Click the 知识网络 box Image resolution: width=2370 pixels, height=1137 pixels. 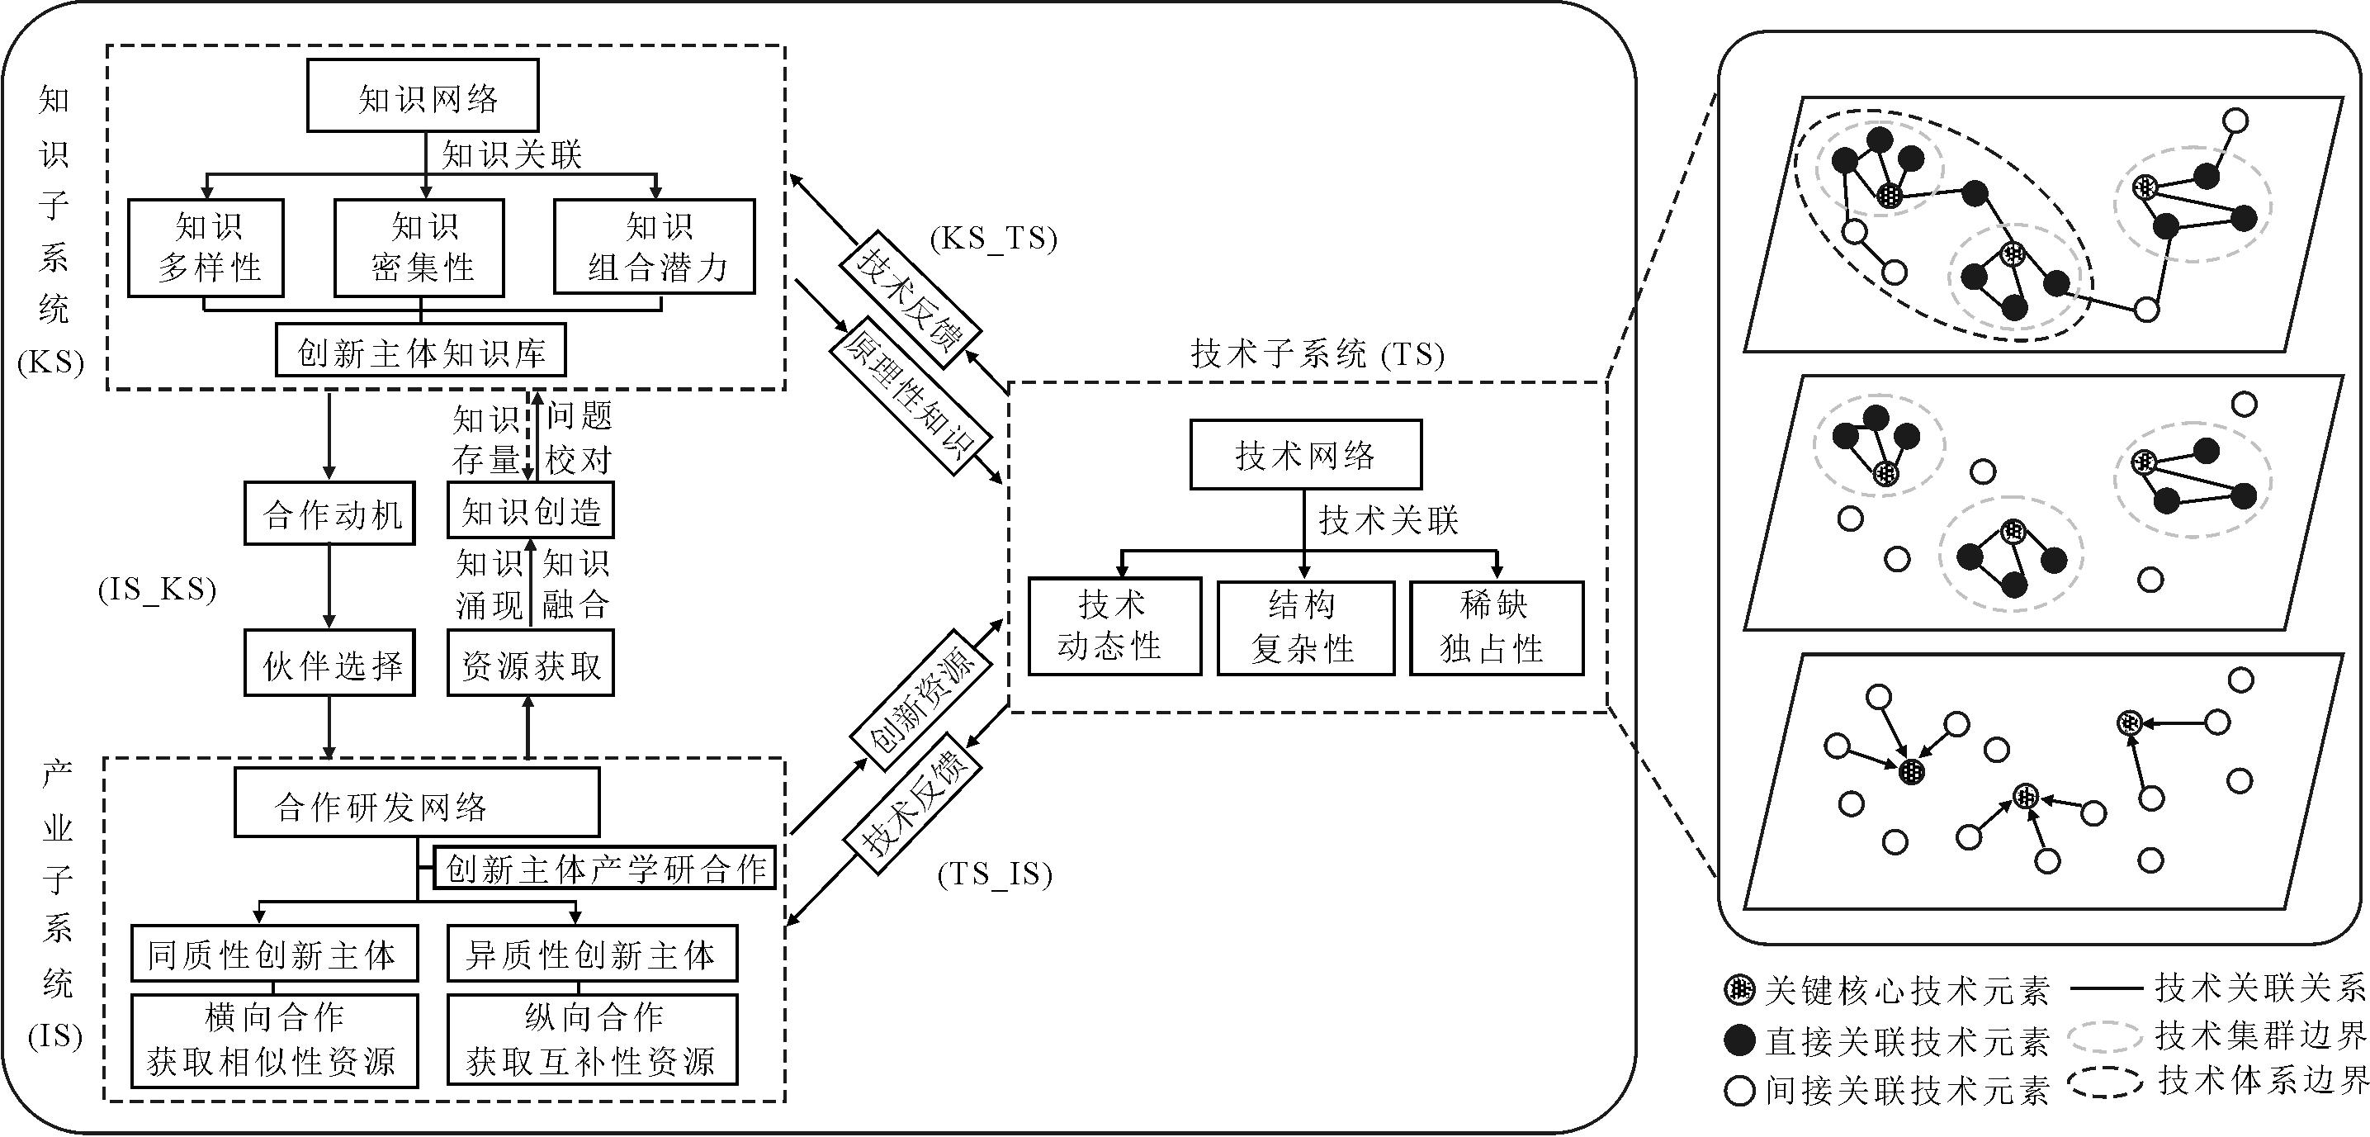(x=423, y=96)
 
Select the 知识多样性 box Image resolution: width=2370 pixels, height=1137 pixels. (x=206, y=248)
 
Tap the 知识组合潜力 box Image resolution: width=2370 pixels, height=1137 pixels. (x=654, y=247)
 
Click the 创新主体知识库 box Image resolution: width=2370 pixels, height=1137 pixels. (x=420, y=350)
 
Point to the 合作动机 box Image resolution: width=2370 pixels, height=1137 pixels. (x=329, y=514)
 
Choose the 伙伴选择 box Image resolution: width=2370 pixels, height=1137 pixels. (x=329, y=663)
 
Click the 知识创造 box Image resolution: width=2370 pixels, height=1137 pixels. (x=530, y=510)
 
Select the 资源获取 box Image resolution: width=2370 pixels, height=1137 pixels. (x=530, y=663)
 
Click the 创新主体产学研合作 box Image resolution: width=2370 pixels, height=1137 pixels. (x=604, y=868)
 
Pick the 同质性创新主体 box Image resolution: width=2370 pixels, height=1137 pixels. (x=273, y=953)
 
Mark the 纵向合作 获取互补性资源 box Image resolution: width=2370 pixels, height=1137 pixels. (x=592, y=1040)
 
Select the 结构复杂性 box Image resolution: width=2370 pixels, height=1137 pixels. (x=1304, y=628)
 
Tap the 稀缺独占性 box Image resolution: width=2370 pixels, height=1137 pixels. (x=1496, y=628)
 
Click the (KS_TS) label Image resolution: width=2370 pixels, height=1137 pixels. (x=993, y=239)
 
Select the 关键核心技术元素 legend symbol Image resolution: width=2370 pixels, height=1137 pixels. (x=1738, y=989)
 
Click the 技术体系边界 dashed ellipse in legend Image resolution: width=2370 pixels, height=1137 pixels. (x=2105, y=1082)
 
